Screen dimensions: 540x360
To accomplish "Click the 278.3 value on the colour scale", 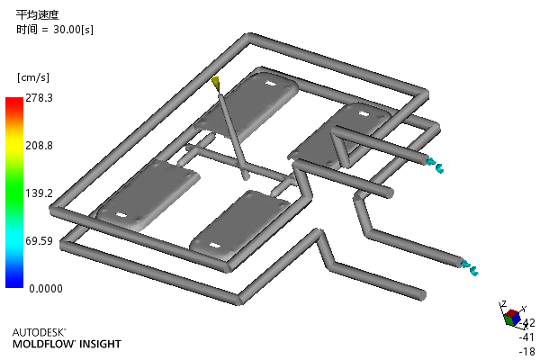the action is pos(40,98).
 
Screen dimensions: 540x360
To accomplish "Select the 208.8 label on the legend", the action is pos(40,146).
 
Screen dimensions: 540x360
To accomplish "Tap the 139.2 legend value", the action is pos(40,193).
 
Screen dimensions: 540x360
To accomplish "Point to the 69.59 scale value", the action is pos(40,241).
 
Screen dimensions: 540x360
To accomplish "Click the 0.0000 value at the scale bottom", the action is pos(46,288).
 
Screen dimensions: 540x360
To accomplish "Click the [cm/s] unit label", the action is pos(33,77).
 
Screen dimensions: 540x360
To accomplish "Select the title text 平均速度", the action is pos(38,14).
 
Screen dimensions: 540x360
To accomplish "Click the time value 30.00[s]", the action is pos(74,30).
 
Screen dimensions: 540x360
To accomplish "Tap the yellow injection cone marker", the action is pos(216,84).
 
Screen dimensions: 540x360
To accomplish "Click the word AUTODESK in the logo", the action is pos(39,332).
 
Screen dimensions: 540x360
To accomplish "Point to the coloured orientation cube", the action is pos(512,318).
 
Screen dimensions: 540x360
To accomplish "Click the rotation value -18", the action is pos(526,351).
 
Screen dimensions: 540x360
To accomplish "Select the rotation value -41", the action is pos(526,337).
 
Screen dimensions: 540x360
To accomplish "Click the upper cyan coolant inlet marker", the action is pos(436,165).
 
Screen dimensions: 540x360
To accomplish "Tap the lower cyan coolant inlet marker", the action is pos(470,268).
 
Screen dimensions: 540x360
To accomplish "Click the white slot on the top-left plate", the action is pos(272,83).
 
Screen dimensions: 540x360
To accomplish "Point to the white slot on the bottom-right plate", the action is pos(214,246).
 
